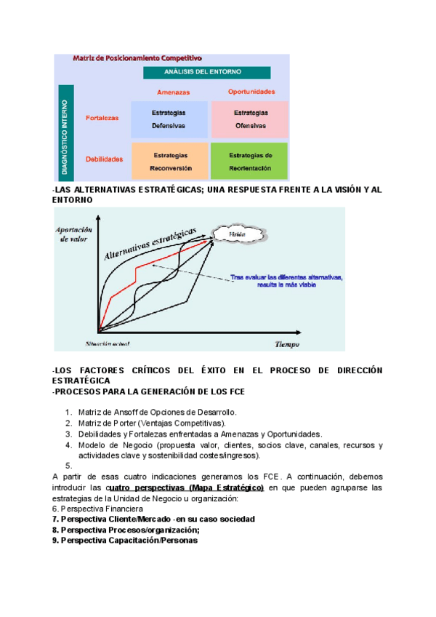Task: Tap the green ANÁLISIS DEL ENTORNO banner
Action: (x=206, y=73)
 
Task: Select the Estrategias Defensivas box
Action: (x=169, y=119)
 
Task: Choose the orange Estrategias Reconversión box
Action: (x=170, y=161)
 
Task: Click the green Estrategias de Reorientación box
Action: (x=250, y=161)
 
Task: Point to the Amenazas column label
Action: (x=173, y=92)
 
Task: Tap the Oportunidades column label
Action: (x=251, y=92)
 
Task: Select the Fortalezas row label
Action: (x=102, y=119)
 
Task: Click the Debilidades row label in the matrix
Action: (x=104, y=159)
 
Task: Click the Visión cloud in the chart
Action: (x=237, y=234)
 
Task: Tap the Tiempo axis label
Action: (x=287, y=343)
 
